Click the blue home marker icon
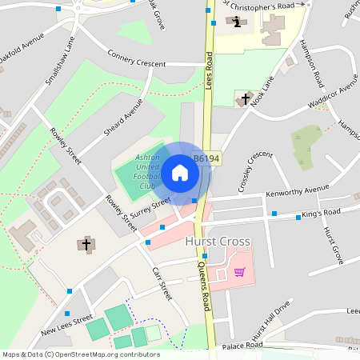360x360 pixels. (179, 172)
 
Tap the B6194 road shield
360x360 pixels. (206, 159)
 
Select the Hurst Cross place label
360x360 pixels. (218, 241)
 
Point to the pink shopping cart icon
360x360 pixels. (239, 272)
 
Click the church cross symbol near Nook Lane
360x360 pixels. (245, 98)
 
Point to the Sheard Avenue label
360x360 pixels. (123, 117)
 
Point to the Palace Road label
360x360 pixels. (242, 346)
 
